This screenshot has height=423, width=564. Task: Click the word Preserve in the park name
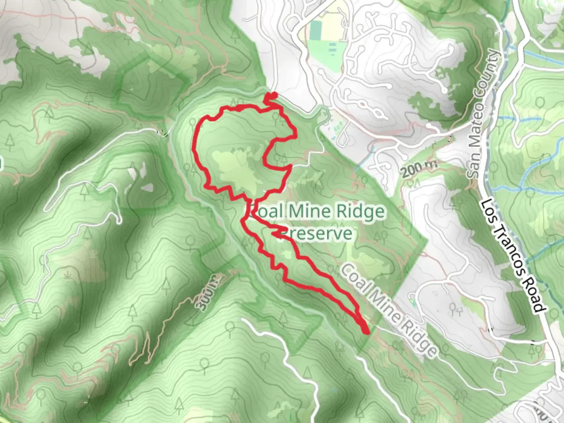pos(317,233)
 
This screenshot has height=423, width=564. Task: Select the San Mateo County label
pos(484,114)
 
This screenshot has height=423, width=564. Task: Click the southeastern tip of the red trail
pos(366,333)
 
